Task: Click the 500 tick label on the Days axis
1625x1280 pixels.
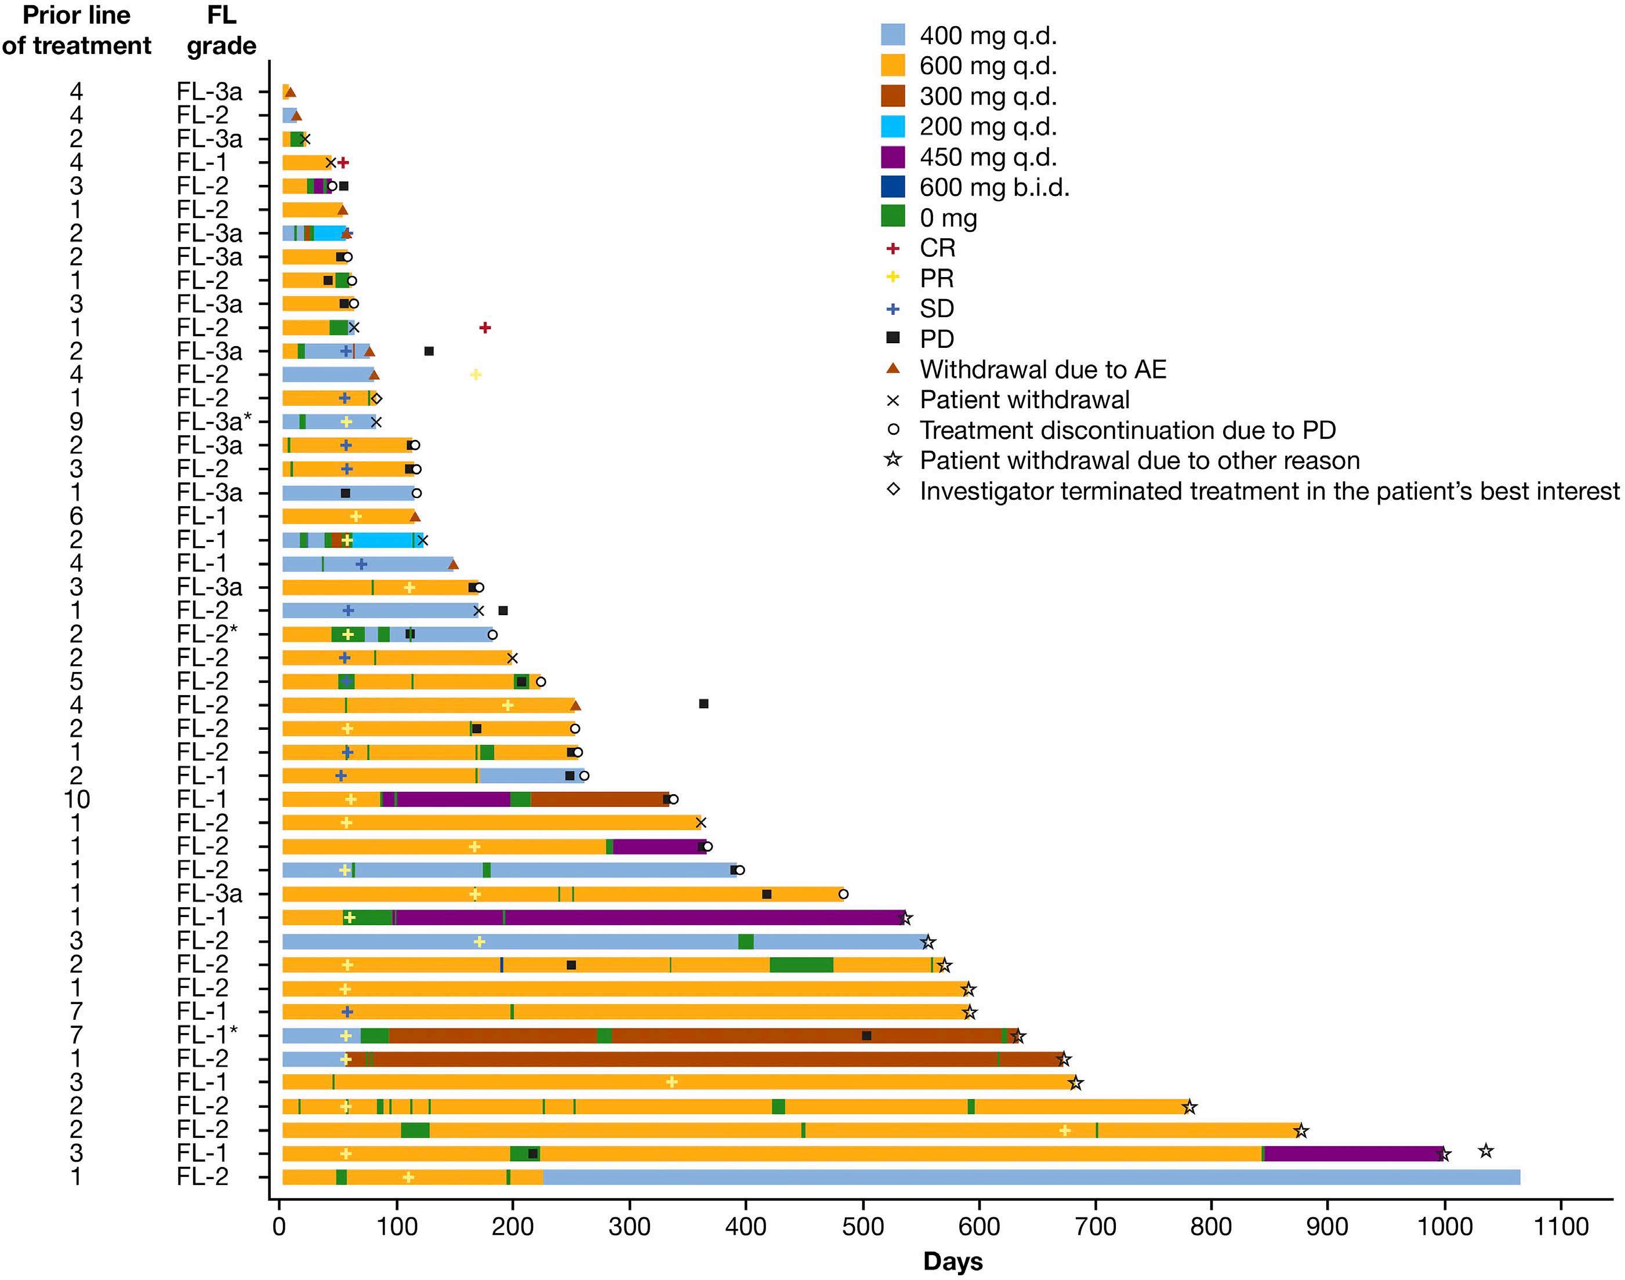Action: (x=863, y=1227)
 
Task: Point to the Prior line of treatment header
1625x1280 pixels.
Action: (x=76, y=30)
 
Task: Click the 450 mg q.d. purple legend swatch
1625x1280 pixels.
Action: (x=893, y=157)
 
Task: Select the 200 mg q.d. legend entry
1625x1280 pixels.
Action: (x=988, y=126)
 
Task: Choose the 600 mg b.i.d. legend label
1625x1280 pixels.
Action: (x=994, y=187)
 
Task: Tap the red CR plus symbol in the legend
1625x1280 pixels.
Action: (x=893, y=248)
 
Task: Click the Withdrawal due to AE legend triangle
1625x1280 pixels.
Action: (x=893, y=368)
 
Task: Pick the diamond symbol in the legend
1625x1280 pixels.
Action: (x=893, y=490)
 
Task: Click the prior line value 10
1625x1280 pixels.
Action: (x=76, y=799)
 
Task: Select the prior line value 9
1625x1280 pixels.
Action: (x=76, y=421)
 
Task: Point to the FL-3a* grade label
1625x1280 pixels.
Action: (x=213, y=421)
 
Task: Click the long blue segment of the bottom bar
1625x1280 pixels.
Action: (x=1031, y=1177)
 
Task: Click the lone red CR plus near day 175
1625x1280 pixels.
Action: (x=485, y=328)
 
